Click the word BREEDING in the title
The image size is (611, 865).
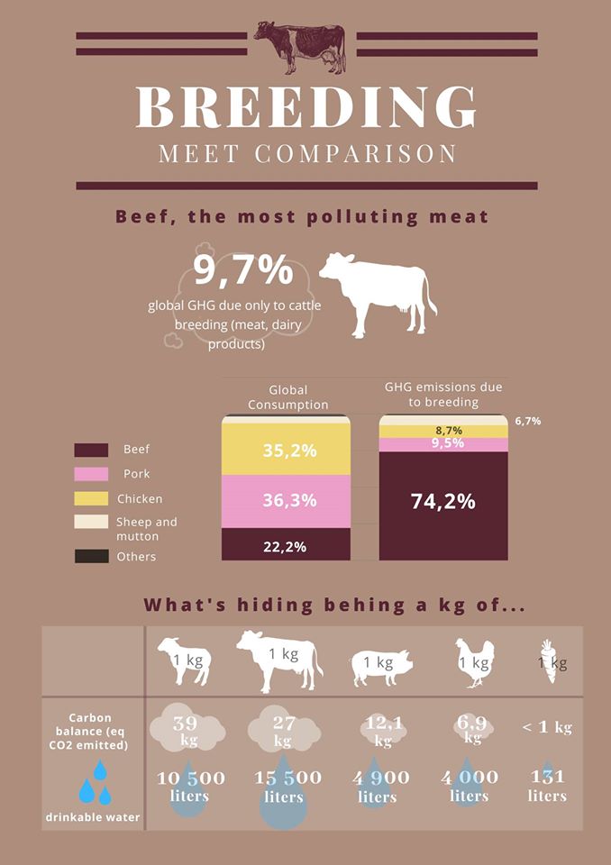[305, 108]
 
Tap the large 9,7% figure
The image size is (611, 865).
[243, 269]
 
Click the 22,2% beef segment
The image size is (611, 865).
[286, 545]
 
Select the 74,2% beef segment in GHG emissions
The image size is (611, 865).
[443, 503]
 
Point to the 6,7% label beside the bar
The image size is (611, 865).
[528, 421]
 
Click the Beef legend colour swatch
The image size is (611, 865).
[91, 450]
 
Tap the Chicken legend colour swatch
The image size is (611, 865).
[91, 498]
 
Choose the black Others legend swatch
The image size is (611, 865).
[91, 557]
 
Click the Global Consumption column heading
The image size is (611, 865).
[287, 397]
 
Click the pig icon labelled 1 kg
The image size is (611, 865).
[378, 664]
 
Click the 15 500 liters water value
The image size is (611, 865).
[284, 787]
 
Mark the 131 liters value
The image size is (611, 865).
[547, 787]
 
